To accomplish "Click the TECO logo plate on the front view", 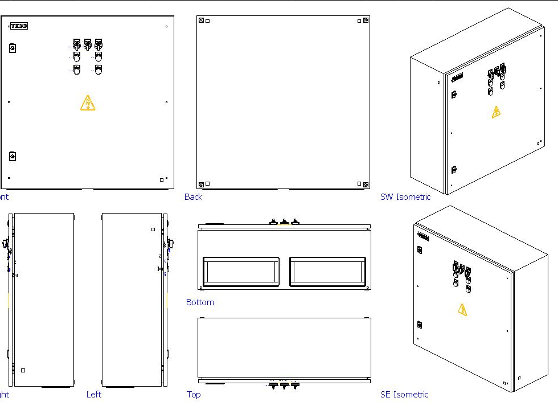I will tap(19, 26).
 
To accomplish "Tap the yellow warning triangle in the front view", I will tap(88, 103).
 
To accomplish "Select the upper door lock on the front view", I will tap(13, 48).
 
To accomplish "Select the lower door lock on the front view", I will tap(13, 156).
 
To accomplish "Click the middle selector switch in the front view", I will tap(88, 44).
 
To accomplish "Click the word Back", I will tap(193, 197).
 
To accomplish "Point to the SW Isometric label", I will tap(405, 197).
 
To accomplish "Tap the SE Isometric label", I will tap(404, 395).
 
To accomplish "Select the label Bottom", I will tap(200, 302).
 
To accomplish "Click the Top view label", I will tap(194, 395).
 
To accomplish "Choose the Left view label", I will tap(94, 395).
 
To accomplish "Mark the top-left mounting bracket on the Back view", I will tap(201, 21).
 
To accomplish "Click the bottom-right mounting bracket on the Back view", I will tap(366, 184).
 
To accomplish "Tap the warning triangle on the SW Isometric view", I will tap(497, 112).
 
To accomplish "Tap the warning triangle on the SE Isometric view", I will tap(462, 309).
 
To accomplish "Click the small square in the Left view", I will tap(153, 230).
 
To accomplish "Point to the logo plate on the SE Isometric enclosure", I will tap(422, 235).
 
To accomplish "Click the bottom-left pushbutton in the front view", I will tap(77, 69).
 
